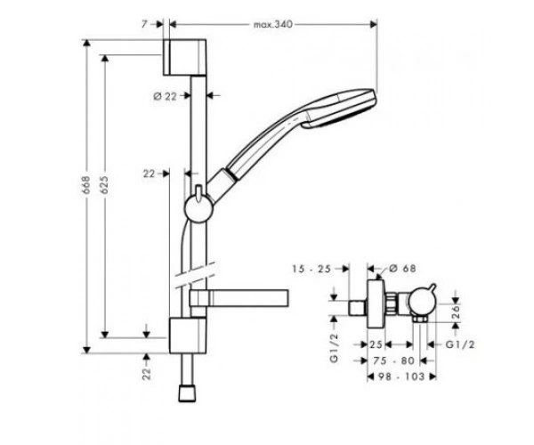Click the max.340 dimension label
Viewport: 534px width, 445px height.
273,25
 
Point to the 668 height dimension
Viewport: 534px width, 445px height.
85,185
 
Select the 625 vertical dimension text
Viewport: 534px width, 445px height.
104,185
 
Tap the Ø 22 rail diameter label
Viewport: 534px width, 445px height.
166,96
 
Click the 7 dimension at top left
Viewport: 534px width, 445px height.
145,24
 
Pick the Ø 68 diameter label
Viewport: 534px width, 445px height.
402,268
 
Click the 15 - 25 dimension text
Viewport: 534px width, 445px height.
311,269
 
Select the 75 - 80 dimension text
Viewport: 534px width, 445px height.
393,360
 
